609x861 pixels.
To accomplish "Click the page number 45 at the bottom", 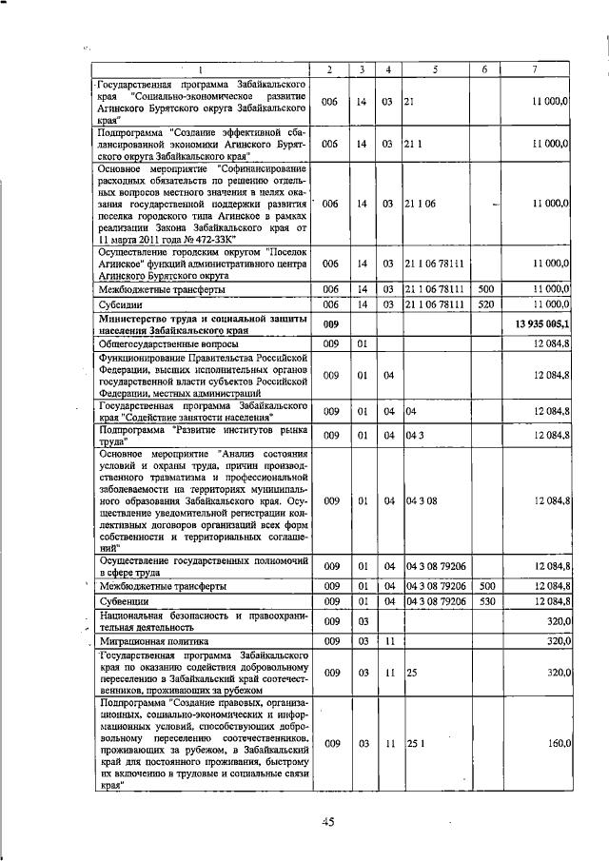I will point(327,823).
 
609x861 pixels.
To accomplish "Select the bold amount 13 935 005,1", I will point(539,323).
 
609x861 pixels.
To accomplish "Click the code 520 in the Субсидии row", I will point(486,303).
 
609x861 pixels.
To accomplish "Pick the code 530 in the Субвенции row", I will point(486,601).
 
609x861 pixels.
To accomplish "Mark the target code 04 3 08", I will point(420,499).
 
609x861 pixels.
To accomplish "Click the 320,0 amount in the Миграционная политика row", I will point(555,642).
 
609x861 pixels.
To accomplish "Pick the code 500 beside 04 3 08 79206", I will point(486,586).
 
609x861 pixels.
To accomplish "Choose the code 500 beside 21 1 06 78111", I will point(486,287).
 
